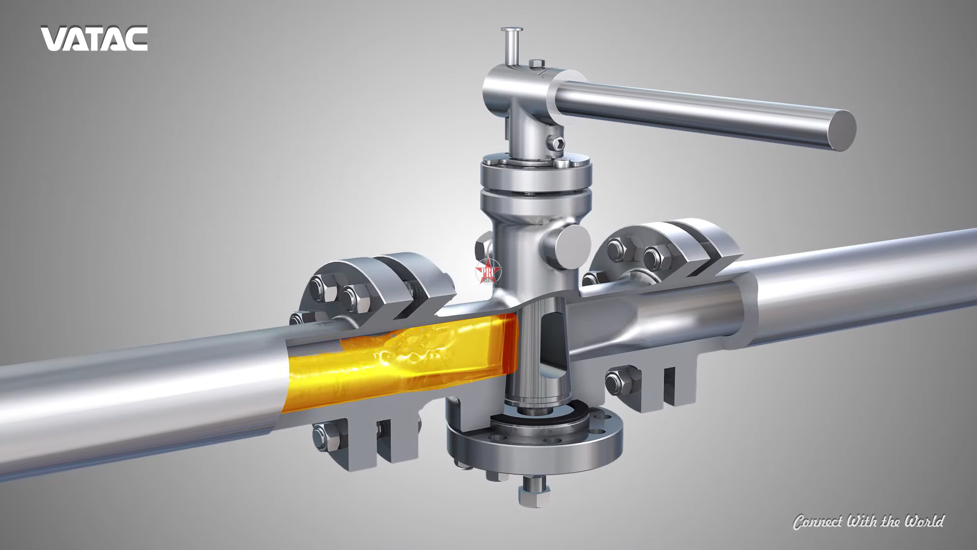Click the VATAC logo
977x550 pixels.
[94, 38]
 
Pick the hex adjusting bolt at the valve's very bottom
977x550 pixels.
[534, 497]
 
